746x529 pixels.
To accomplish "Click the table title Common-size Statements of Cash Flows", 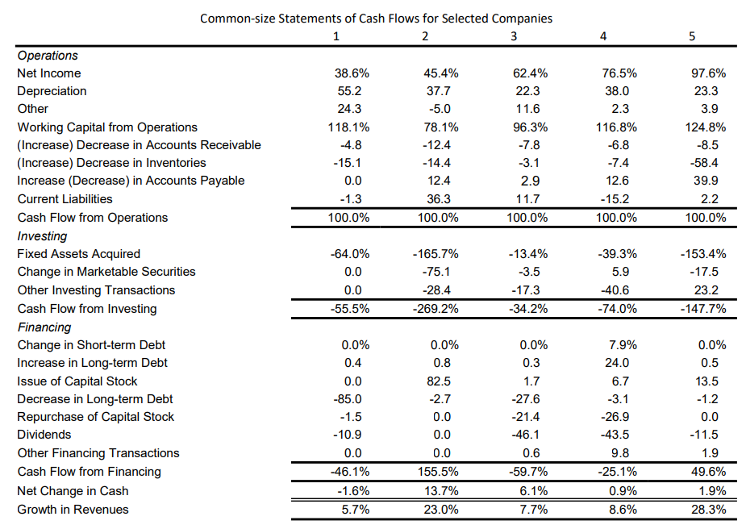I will [x=376, y=18].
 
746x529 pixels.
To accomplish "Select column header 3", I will [x=514, y=36].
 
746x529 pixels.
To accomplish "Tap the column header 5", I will [x=692, y=36].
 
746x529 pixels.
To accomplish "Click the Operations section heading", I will [x=48, y=56].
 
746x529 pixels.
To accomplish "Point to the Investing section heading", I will [x=42, y=236].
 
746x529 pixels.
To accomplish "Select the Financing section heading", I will [x=44, y=327].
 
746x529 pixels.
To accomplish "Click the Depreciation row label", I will [x=52, y=91].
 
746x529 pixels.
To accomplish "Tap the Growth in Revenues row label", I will [x=73, y=509].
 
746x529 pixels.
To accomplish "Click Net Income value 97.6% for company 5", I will [x=709, y=73].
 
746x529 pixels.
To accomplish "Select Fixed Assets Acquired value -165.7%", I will [x=440, y=254].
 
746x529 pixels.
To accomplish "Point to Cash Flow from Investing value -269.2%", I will [x=440, y=309].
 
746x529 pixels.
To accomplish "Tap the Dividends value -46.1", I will [x=526, y=435].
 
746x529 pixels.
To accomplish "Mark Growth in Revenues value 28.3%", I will [x=709, y=509].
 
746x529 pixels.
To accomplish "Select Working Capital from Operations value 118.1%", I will [x=351, y=127].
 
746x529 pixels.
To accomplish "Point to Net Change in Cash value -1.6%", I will [x=352, y=491].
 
